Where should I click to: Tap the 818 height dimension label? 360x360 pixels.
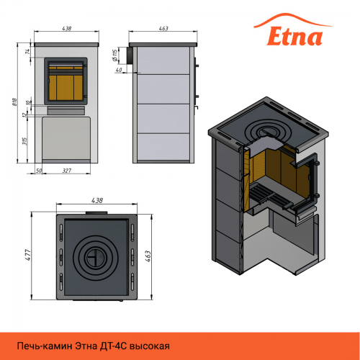pos(15,102)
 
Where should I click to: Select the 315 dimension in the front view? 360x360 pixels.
pos(24,141)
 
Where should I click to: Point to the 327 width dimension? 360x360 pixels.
pos(67,171)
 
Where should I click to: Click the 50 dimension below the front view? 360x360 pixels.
pos(39,171)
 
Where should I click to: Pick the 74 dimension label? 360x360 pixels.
pos(28,51)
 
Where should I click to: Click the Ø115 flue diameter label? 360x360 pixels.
pos(115,55)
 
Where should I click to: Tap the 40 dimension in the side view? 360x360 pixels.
pos(119,70)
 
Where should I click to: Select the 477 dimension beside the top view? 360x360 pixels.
pos(28,255)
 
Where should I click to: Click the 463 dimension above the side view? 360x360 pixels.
pos(163,28)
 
